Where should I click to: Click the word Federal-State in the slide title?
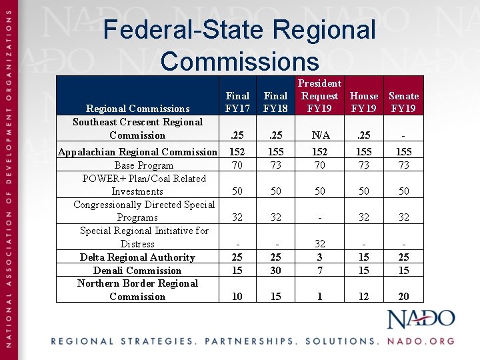(180, 30)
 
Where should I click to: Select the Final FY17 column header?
(237, 102)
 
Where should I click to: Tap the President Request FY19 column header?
(319, 96)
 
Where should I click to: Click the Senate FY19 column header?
(403, 102)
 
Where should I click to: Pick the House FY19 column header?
(363, 102)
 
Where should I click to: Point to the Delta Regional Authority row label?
(137, 257)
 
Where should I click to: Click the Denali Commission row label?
(137, 271)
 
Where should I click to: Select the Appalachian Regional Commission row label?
(137, 152)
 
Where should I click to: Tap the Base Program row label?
(144, 165)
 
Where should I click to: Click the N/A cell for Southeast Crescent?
(319, 135)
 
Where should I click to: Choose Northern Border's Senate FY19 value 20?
(403, 297)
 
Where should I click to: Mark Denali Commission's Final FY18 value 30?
(275, 271)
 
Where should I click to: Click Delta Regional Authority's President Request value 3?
(319, 257)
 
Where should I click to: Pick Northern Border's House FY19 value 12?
(363, 297)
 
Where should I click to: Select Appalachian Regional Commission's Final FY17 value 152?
(237, 152)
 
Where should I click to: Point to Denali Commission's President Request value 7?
(319, 271)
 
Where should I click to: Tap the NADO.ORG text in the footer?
(421, 341)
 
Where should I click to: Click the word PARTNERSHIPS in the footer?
(251, 341)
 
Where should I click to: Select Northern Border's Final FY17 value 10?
(237, 297)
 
